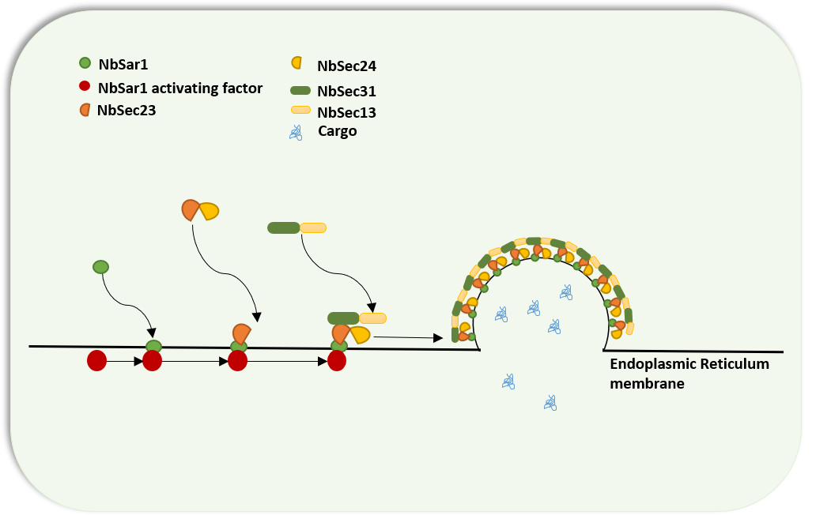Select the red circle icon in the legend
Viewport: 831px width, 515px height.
pyautogui.click(x=85, y=87)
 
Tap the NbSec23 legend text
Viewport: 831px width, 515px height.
pyautogui.click(x=126, y=111)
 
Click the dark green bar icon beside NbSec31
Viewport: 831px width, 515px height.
pyautogui.click(x=300, y=90)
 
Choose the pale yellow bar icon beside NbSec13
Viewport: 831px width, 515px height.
pyautogui.click(x=301, y=111)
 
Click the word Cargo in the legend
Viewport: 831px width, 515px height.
pyautogui.click(x=337, y=131)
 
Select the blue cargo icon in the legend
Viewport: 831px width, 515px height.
pyautogui.click(x=296, y=132)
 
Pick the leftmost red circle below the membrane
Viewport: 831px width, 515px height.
pyautogui.click(x=96, y=361)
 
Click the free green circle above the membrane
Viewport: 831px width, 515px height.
pyautogui.click(x=100, y=267)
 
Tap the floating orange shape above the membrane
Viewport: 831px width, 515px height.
pyautogui.click(x=191, y=209)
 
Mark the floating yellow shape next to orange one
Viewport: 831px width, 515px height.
pyautogui.click(x=209, y=211)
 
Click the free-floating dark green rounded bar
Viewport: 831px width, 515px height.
pyautogui.click(x=283, y=227)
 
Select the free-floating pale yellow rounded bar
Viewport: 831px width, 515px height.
pyautogui.click(x=313, y=227)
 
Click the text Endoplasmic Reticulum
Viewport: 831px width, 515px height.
pyautogui.click(x=689, y=364)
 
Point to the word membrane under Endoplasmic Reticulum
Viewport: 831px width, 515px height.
pyautogui.click(x=646, y=384)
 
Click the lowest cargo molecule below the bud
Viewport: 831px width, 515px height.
pyautogui.click(x=550, y=403)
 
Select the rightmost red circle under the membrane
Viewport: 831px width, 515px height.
pyautogui.click(x=337, y=361)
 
